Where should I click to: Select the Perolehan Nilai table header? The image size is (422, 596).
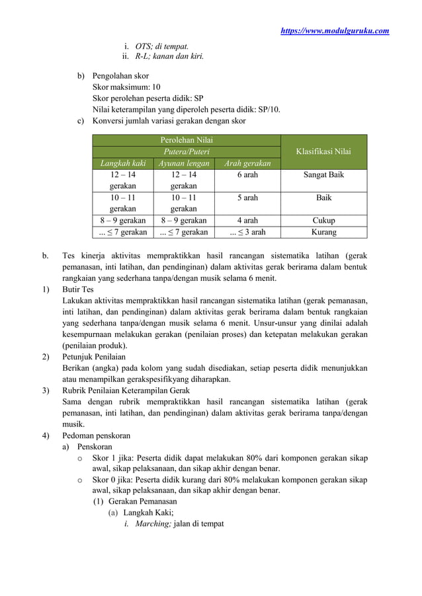coord(187,139)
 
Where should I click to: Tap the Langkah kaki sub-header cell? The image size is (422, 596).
coord(122,163)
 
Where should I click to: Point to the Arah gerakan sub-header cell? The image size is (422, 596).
coord(247,163)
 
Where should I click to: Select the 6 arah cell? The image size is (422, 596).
coord(247,174)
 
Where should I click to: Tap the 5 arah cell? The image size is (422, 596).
coord(247,198)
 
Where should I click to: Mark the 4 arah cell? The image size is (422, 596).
coord(247,221)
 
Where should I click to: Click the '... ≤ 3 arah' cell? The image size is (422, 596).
coord(247,233)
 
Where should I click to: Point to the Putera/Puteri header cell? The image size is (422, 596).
coord(187,151)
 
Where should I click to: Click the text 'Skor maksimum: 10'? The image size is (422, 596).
coord(126,87)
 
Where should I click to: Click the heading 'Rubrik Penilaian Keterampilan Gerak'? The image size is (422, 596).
coord(125,390)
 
